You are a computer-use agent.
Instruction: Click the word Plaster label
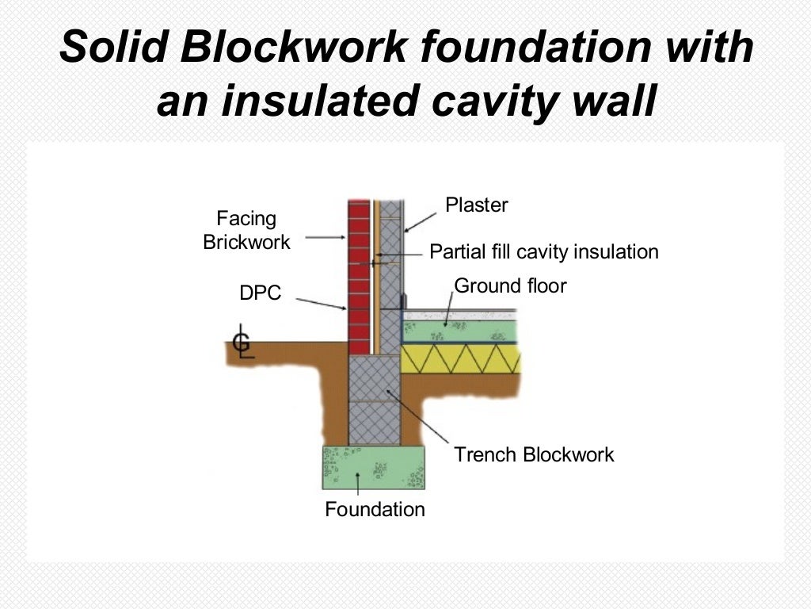(476, 205)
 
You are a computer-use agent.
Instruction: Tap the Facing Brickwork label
(246, 230)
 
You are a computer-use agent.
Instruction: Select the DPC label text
(260, 293)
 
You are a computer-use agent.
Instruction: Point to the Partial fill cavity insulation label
(543, 252)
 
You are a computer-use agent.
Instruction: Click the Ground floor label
(510, 285)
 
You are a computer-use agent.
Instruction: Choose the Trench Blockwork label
(534, 454)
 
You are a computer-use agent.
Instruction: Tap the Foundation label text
(375, 509)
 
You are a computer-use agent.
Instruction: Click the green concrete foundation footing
(373, 468)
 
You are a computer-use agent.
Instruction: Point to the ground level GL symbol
(242, 343)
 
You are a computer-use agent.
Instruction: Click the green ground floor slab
(459, 330)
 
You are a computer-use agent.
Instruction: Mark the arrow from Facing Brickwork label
(324, 236)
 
